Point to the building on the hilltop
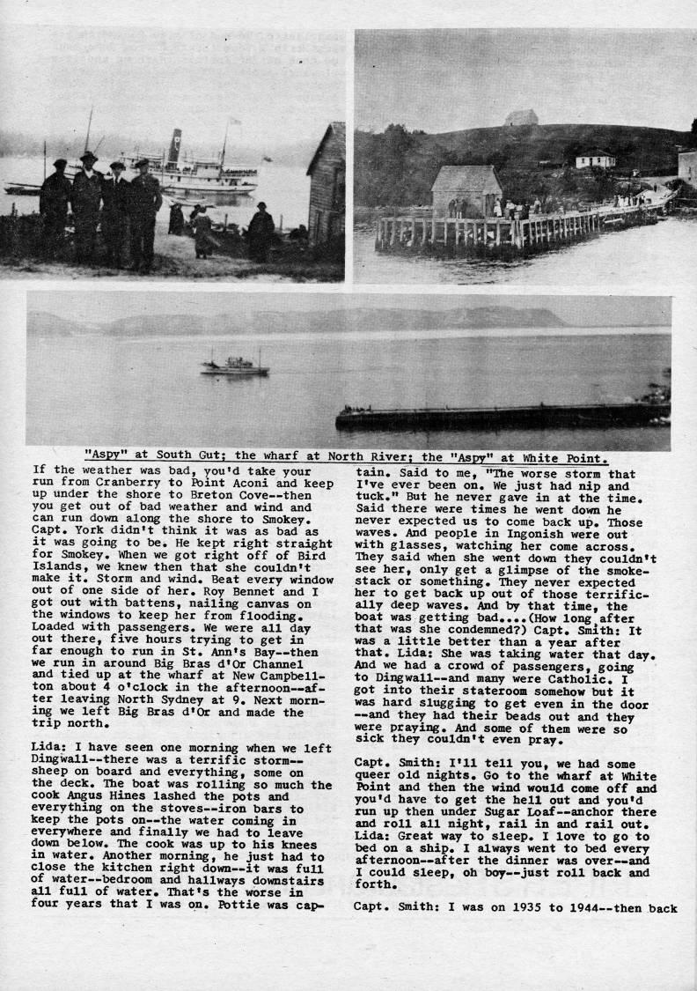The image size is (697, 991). (521, 117)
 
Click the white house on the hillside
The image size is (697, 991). (595, 159)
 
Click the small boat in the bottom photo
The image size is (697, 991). (234, 365)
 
